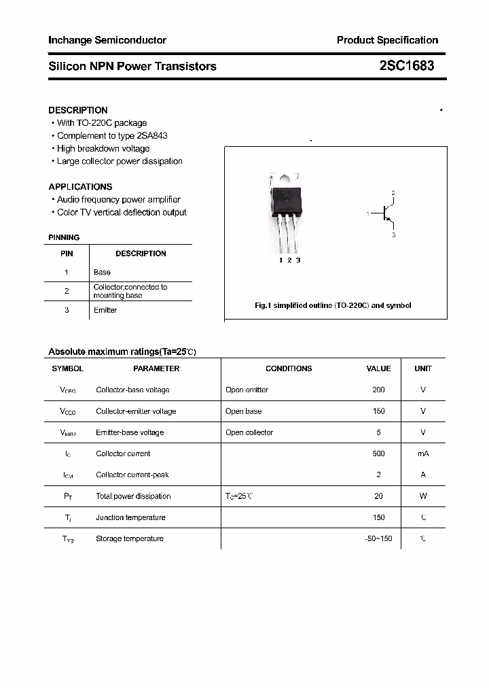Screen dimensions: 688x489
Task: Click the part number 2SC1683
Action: (407, 66)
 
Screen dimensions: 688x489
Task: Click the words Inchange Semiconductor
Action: (107, 40)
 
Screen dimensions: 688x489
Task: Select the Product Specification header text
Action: (387, 40)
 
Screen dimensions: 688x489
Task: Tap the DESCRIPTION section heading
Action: (78, 110)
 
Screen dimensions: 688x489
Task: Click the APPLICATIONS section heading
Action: (80, 186)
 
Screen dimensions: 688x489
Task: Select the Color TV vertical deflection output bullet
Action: (122, 212)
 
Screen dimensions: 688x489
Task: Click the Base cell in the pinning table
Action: (102, 272)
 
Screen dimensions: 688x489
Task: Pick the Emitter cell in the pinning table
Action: (105, 310)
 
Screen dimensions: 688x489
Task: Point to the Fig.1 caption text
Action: (333, 305)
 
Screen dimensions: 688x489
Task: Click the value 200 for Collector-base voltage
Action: (378, 390)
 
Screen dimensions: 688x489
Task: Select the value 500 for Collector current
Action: (378, 453)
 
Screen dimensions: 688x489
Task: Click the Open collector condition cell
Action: (249, 432)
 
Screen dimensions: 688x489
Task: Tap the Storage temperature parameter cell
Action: (130, 538)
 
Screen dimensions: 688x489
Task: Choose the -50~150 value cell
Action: (378, 538)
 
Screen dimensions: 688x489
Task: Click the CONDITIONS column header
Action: (289, 368)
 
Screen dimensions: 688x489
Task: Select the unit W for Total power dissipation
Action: (422, 496)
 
